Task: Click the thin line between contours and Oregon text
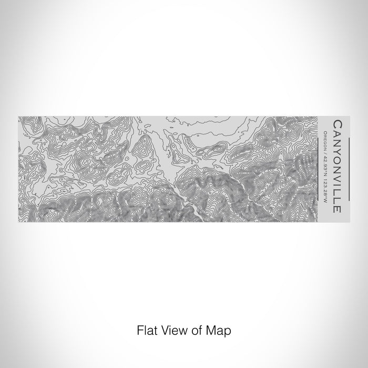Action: [x=320, y=167]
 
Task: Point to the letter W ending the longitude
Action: [x=326, y=203]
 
